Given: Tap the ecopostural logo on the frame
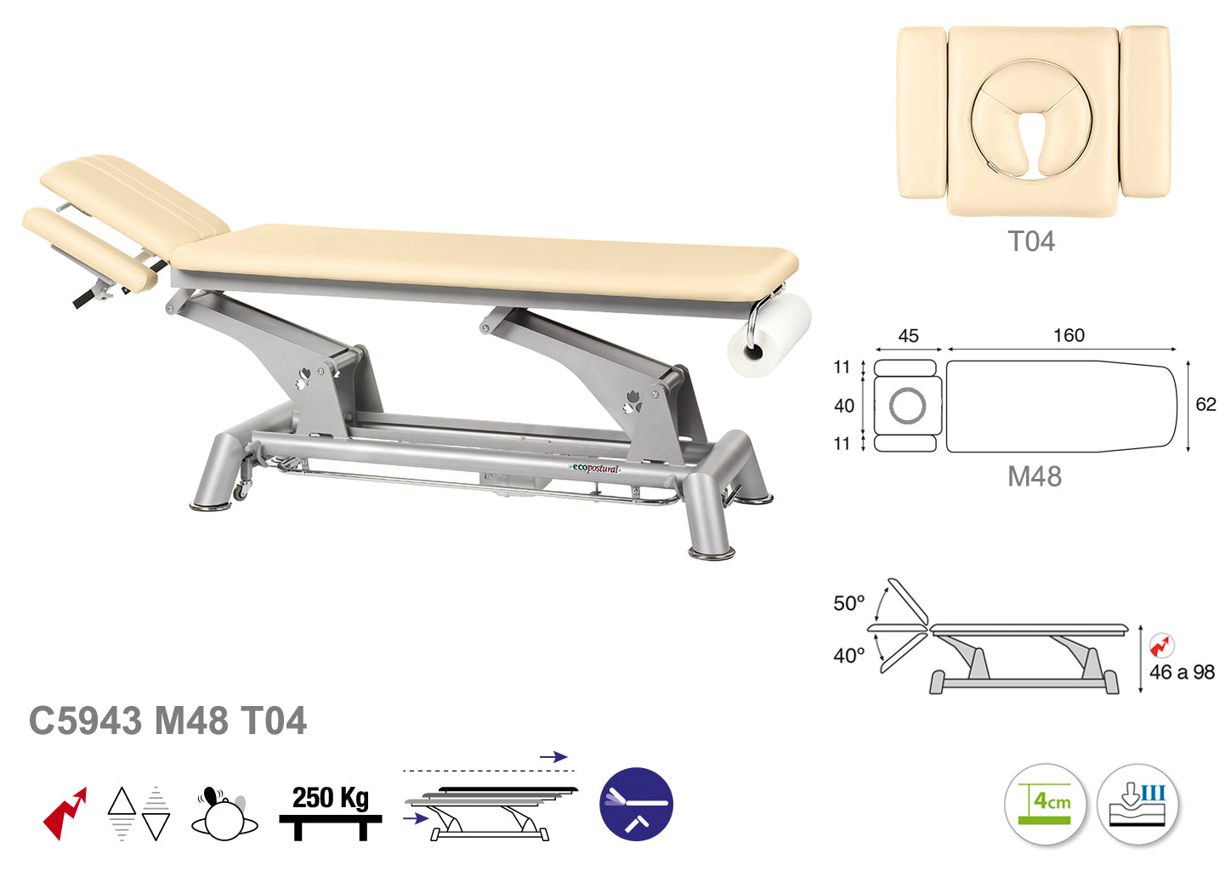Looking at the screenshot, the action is coord(595,469).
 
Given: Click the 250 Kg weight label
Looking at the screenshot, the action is coord(331,798).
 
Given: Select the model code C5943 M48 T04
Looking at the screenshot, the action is coord(167,720).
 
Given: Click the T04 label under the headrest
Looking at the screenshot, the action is coord(1031,242).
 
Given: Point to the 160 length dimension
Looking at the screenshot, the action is coord(1069,335).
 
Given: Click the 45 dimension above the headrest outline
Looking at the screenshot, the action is coord(909,336).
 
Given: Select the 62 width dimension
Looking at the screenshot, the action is coord(1205,404).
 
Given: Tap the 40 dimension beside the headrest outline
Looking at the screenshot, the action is coord(844,406).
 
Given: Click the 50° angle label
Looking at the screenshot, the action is coord(849,603).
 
